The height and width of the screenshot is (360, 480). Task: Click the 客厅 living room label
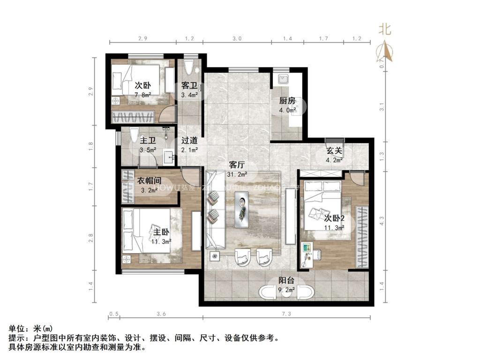point(236,165)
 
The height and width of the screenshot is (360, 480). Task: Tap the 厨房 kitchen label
point(287,101)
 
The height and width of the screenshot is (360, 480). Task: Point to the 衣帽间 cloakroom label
point(150,180)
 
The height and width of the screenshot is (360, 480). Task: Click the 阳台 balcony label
point(286,281)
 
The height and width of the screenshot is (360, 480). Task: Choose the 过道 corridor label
point(189,140)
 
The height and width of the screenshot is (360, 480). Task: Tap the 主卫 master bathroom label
point(148,140)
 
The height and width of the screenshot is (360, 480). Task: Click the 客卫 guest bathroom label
point(189,86)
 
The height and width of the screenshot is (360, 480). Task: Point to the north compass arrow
point(385,52)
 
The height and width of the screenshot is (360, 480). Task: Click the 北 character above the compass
point(385,30)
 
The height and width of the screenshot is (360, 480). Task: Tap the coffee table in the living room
point(241,209)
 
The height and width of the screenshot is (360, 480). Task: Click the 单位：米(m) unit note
point(31,328)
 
